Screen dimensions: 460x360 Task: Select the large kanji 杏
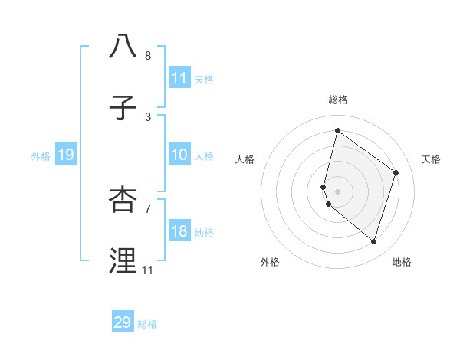(123, 198)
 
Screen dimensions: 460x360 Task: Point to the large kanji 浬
(123, 260)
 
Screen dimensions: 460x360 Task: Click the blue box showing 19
(65, 155)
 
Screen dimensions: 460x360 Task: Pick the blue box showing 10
(179, 155)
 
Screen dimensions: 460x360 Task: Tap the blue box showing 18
(179, 232)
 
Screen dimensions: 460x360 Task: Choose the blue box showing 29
(123, 322)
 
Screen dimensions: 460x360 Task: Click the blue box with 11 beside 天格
(179, 78)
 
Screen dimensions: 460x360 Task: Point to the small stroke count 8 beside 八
(148, 56)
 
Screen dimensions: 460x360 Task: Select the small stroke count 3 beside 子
(148, 117)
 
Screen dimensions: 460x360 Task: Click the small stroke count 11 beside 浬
(147, 270)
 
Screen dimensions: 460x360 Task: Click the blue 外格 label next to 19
(41, 156)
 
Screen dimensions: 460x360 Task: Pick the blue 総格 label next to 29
(147, 324)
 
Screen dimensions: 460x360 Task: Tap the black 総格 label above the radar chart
(337, 100)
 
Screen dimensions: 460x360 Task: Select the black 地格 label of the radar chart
(402, 262)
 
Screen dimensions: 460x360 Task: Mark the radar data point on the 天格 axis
(396, 172)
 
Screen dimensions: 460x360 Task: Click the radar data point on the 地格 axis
(373, 241)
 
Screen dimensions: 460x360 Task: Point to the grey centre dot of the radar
(337, 191)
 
